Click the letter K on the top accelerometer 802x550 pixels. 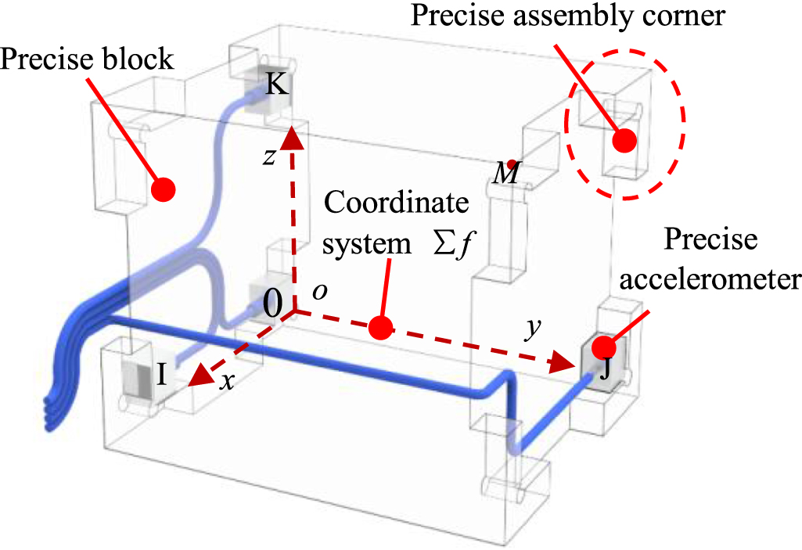[275, 84]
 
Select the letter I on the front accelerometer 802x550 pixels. [161, 376]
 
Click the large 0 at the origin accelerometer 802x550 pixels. [272, 306]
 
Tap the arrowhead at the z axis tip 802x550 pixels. [293, 137]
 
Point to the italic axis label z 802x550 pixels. [268, 156]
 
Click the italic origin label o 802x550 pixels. [318, 290]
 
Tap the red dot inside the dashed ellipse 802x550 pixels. [624, 141]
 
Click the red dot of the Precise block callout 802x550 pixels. [163, 189]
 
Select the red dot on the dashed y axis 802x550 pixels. [381, 329]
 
